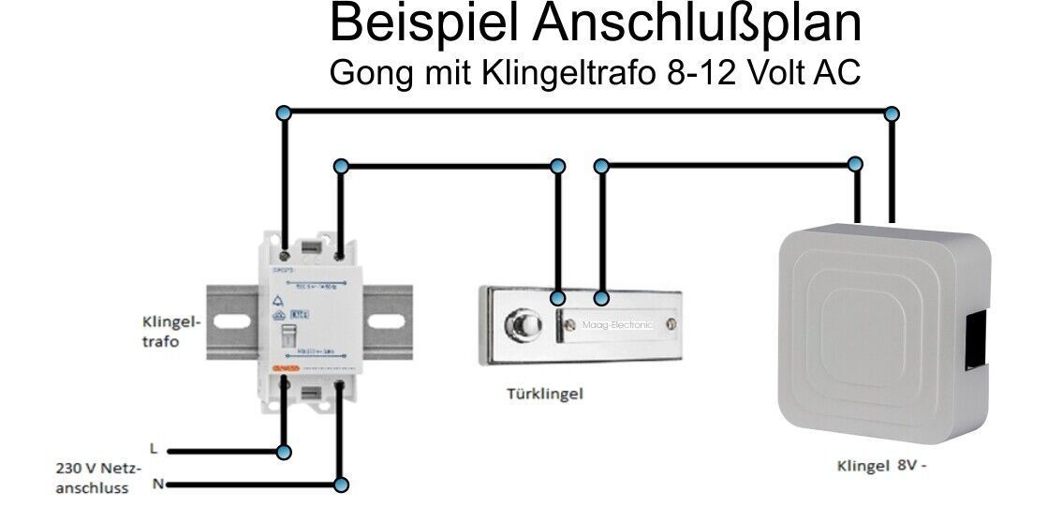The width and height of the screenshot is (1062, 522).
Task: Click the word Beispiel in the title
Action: tap(424, 25)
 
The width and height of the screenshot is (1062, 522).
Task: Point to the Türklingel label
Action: tap(544, 394)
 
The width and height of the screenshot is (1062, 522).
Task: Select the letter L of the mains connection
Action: tap(153, 449)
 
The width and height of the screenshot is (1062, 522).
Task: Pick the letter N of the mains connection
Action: tap(157, 484)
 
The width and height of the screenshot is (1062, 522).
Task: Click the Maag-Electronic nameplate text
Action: tap(610, 325)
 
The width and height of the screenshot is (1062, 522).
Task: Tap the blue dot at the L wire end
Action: tap(284, 452)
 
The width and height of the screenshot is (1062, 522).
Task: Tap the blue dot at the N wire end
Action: tap(341, 485)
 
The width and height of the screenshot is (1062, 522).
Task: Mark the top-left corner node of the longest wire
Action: tap(285, 113)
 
